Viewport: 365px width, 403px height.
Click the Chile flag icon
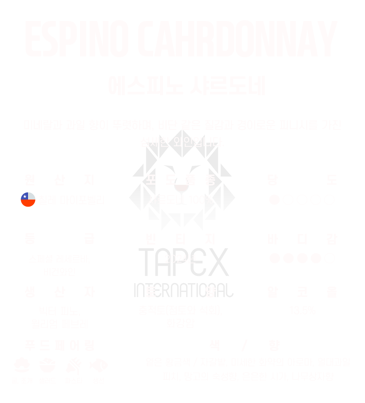[x=28, y=200]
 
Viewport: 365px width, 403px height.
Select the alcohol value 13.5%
[x=302, y=310]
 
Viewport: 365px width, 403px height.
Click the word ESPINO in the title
[x=77, y=39]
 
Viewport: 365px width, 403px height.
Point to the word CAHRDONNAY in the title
[x=236, y=39]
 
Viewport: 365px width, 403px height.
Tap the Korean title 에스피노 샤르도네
[x=187, y=86]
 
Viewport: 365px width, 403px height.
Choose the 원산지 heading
[x=59, y=179]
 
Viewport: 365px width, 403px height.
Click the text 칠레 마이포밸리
[x=71, y=200]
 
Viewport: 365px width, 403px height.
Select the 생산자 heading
[x=59, y=292]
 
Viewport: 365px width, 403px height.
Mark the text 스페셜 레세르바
[x=59, y=259]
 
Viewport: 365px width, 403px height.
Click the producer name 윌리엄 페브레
[x=59, y=324]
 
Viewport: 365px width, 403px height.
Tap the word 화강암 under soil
[x=180, y=323]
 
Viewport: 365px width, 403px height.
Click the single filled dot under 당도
[x=274, y=200]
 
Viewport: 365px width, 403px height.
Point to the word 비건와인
[x=59, y=271]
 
